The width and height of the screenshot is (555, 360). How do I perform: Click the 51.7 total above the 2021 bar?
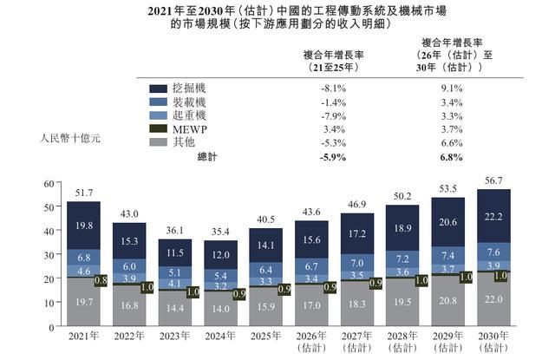(83, 192)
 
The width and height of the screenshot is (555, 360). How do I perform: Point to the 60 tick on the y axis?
(49, 183)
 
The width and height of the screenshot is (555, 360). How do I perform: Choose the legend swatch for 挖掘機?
(159, 89)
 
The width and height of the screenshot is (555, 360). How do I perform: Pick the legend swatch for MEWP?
(159, 129)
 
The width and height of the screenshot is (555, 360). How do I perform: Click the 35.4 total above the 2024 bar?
(220, 231)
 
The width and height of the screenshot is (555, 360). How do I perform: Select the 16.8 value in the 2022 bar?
(129, 305)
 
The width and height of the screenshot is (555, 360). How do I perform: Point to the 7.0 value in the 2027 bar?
(357, 262)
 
